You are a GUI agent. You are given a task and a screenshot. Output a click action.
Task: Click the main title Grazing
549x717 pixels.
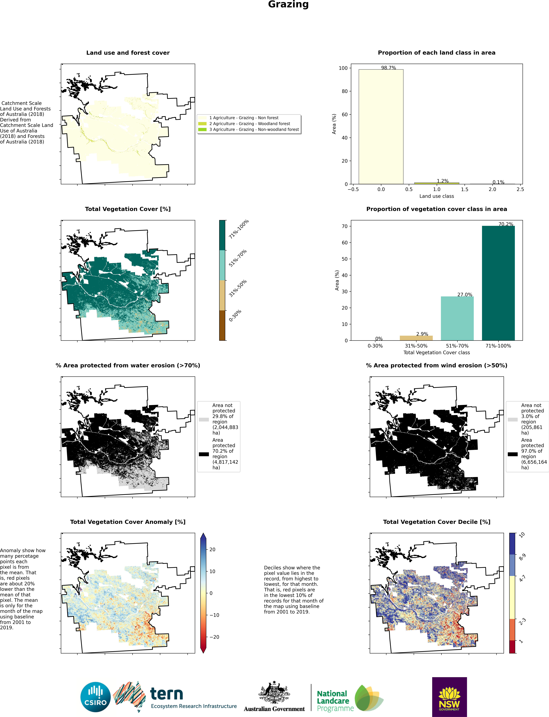[288, 5]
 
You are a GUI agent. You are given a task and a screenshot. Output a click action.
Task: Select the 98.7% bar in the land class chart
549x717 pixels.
[381, 127]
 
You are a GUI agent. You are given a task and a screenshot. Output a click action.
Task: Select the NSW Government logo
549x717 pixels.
[449, 697]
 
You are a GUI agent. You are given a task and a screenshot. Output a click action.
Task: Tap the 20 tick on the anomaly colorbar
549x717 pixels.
[212, 549]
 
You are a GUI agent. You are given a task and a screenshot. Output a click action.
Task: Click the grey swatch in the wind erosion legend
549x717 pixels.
[512, 419]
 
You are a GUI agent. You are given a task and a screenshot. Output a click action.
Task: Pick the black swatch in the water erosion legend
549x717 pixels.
[204, 454]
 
